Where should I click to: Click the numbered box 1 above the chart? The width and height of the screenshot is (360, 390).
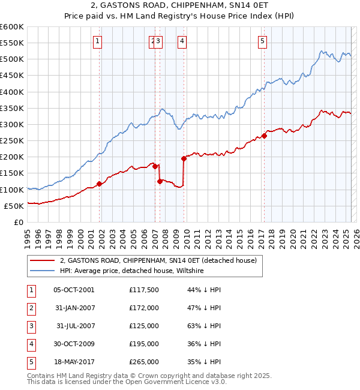tap(98, 41)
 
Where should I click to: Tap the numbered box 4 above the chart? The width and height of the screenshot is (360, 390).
tap(181, 41)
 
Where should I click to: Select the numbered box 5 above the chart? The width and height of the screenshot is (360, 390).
tap(263, 41)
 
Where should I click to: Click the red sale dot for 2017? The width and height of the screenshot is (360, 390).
tap(264, 136)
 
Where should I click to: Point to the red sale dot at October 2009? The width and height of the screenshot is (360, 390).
tap(184, 158)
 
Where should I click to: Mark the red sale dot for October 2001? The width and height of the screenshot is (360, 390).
tap(99, 184)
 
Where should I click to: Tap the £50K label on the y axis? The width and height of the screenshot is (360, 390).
tap(14, 206)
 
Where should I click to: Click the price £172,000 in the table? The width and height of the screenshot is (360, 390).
tap(144, 308)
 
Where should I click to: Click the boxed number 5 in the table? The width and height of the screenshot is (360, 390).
tap(31, 362)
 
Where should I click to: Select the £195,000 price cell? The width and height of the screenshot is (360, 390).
tap(144, 344)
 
